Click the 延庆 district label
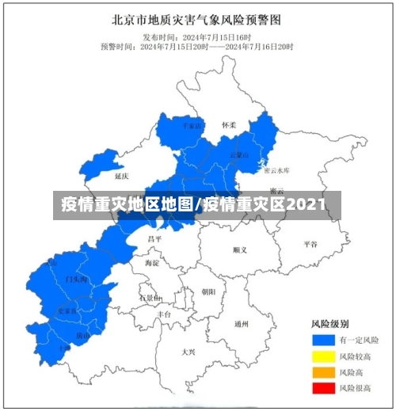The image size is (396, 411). pyautogui.click(x=121, y=175)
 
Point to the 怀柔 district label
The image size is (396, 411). pyautogui.click(x=229, y=125)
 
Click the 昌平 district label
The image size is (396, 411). pyautogui.click(x=154, y=238)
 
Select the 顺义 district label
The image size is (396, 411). pyautogui.click(x=240, y=249)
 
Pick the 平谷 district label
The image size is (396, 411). pyautogui.click(x=310, y=244)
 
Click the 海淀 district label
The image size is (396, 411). pyautogui.click(x=152, y=262)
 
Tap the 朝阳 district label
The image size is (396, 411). pyautogui.click(x=208, y=291)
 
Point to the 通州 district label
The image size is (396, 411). pyautogui.click(x=242, y=324)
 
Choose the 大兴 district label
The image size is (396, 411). pyautogui.click(x=188, y=351)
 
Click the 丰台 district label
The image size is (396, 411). pyautogui.click(x=164, y=314)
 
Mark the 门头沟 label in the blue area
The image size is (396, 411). pyautogui.click(x=76, y=280)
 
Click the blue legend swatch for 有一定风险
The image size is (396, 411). pyautogui.click(x=322, y=340)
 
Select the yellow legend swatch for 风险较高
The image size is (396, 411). pyautogui.click(x=322, y=356)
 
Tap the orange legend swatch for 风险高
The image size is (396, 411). pyautogui.click(x=322, y=371)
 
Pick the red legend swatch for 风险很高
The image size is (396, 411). pyautogui.click(x=322, y=387)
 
